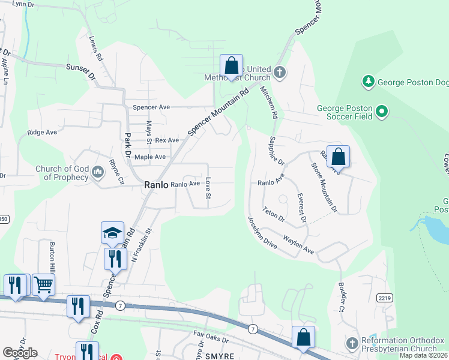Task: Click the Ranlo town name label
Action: [155, 185]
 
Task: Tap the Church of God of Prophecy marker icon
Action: [98, 173]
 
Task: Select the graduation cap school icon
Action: [112, 233]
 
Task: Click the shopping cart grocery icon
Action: [43, 284]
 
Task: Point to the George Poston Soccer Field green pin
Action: [381, 111]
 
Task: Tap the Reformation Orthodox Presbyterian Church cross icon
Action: [352, 344]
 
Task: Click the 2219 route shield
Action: [385, 298]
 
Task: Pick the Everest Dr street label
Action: [301, 208]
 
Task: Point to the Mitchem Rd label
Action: [268, 101]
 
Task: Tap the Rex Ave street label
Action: [167, 140]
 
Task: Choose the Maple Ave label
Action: [150, 157]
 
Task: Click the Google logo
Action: [20, 353]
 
